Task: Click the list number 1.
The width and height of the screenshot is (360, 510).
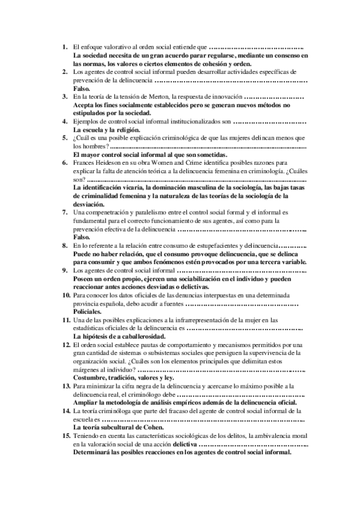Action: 66,46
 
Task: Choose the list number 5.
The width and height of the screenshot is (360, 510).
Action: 66,138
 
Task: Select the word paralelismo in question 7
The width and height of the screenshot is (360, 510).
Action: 160,213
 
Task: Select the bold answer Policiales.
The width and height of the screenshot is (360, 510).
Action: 87,313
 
